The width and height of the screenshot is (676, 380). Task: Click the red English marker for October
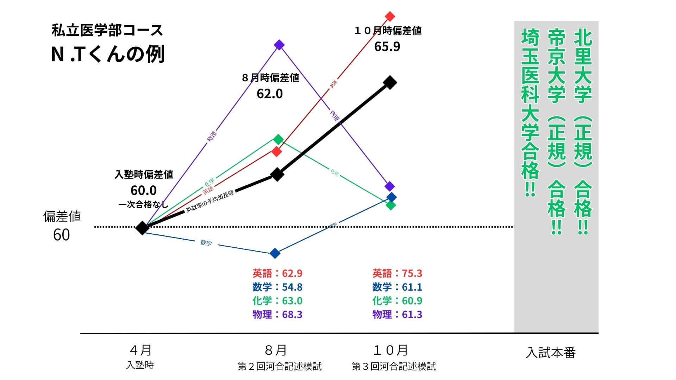point(390,16)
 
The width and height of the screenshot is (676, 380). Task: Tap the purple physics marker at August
point(279,45)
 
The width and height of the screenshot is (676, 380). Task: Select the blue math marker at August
point(275,253)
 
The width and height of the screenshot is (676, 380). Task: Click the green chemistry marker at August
point(278,139)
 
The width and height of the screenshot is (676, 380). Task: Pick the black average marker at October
point(390,83)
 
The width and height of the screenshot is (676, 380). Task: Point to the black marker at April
point(142,228)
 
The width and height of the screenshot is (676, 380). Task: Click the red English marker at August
point(277,152)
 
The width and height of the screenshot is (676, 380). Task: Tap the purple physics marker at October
point(389,186)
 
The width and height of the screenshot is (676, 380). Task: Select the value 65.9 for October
point(387,47)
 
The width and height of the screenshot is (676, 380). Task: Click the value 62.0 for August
point(270,94)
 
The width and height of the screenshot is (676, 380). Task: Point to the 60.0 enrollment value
point(143,190)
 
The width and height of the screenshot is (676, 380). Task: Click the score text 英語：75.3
point(397,273)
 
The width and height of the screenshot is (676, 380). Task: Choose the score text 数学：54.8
point(277,287)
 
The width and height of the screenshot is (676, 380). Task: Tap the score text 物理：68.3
point(277,314)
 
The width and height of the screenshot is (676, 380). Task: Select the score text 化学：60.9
point(397,301)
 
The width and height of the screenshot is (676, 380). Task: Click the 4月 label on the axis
point(140,350)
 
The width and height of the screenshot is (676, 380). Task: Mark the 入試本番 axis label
point(551,353)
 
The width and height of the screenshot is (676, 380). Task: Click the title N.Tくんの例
point(108,55)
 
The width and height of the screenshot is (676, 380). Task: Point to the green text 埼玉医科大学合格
point(530,113)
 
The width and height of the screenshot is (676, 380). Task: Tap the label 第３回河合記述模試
point(394,367)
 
